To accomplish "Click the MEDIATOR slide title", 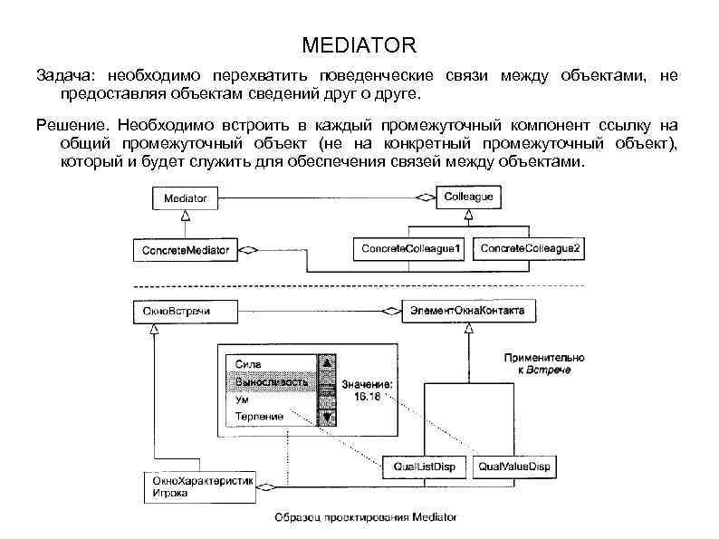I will point(359,44).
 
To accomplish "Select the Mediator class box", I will point(186,197).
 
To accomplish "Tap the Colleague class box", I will point(469,196).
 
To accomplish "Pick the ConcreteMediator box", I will point(186,248).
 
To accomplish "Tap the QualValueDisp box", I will point(514,467).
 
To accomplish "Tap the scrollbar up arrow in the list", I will point(324,363).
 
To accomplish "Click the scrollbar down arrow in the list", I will point(324,417).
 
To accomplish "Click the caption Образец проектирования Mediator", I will point(366,518).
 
